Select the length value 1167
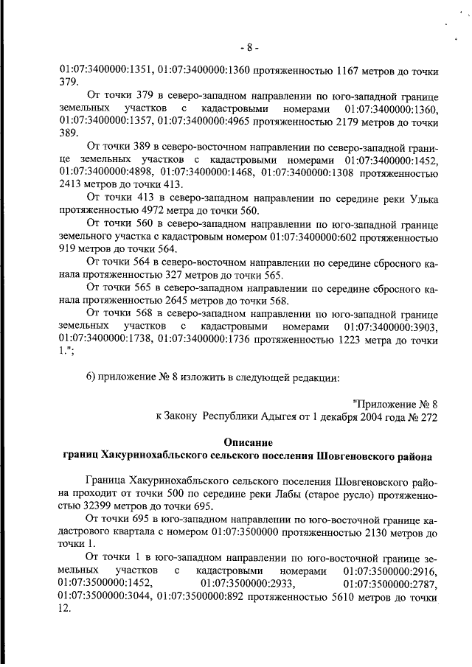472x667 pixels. (350, 72)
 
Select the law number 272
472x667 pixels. (428, 416)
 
